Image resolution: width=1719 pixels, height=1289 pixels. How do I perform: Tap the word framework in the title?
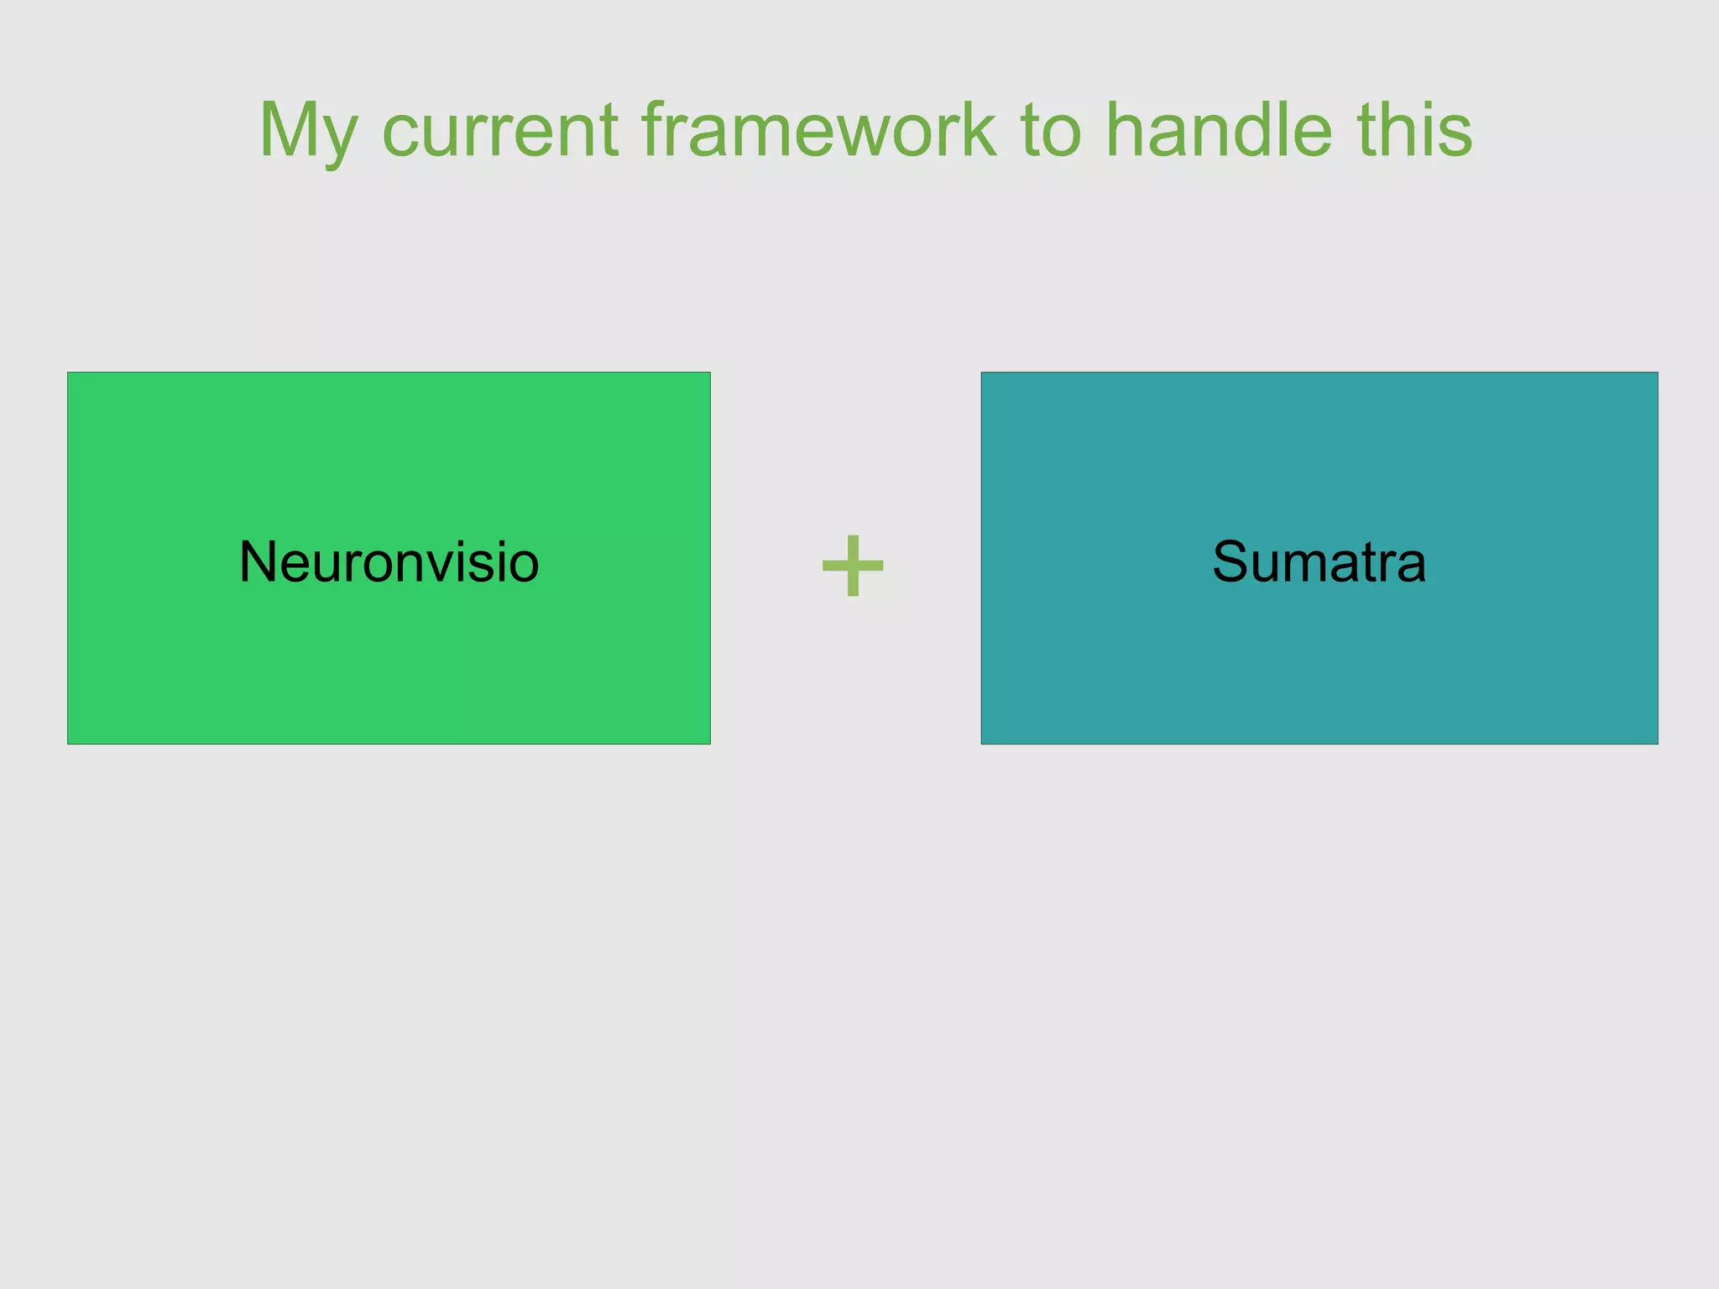tap(819, 130)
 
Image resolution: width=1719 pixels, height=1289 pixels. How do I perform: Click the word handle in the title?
tap(1218, 130)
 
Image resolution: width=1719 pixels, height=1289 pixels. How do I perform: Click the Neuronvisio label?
tap(389, 561)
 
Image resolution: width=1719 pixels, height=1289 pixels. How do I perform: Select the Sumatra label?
tap(1319, 561)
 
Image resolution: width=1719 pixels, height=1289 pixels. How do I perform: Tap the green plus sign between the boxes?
tap(853, 566)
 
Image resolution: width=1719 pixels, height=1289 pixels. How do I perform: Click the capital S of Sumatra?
tap(1231, 561)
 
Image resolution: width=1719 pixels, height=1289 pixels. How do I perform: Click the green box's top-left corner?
tap(69, 373)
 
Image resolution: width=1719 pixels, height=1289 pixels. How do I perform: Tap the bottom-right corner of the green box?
tap(709, 743)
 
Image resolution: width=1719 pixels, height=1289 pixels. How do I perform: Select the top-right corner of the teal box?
tap(1657, 373)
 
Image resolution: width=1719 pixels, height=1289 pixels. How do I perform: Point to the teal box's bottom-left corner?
tap(983, 743)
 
